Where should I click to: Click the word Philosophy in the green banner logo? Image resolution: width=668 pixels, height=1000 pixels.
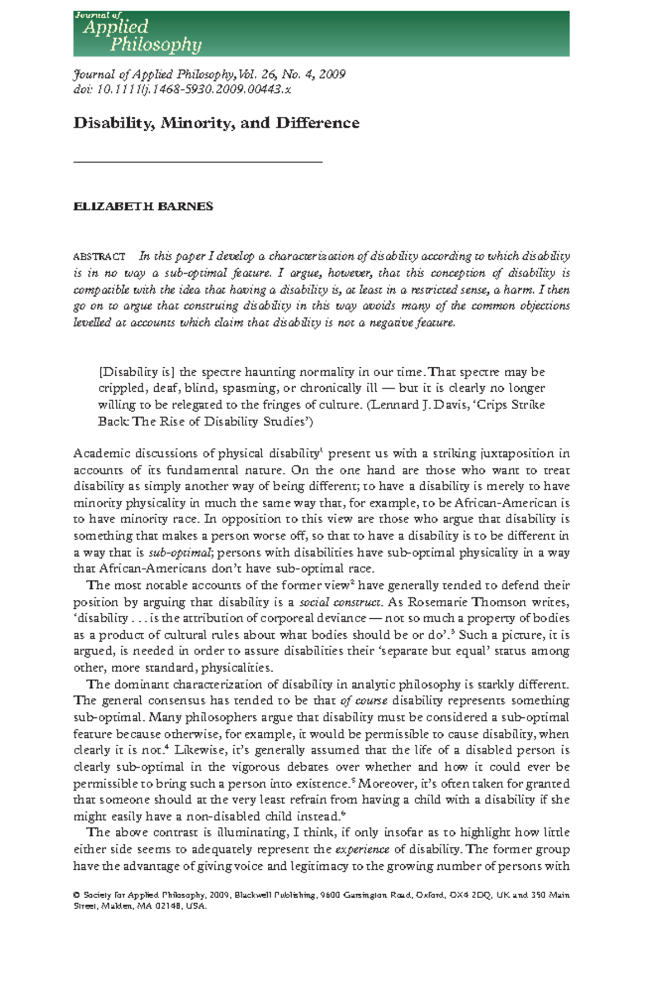(x=155, y=45)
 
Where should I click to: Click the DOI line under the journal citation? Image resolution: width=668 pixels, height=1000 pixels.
(x=182, y=90)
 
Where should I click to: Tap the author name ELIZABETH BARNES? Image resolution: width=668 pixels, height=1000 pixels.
(x=143, y=206)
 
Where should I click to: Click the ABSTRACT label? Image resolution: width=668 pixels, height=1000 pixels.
(x=99, y=257)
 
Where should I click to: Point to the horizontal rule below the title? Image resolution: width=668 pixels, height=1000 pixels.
(x=198, y=162)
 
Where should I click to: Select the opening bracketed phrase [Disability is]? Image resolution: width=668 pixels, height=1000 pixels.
(x=136, y=372)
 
